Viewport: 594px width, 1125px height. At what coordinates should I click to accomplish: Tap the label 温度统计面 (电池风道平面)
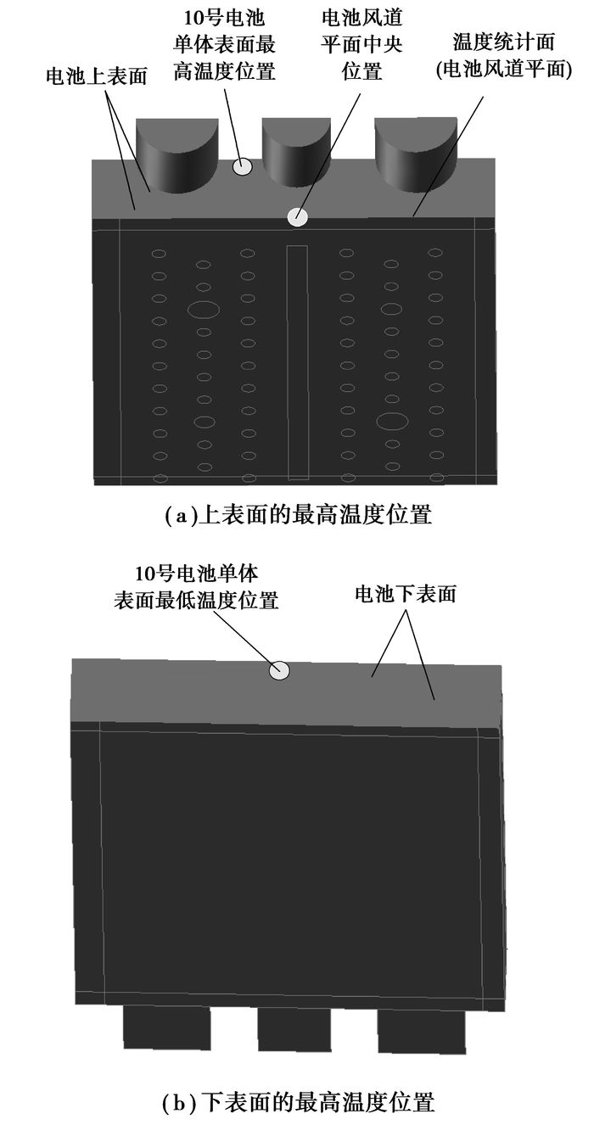tap(503, 56)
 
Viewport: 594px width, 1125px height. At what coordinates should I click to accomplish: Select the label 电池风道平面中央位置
tap(361, 45)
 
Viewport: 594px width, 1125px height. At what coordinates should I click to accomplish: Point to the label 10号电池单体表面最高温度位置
tap(224, 45)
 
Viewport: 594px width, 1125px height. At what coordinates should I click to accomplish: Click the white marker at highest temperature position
tap(243, 167)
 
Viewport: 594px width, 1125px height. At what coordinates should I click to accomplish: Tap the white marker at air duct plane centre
tap(297, 217)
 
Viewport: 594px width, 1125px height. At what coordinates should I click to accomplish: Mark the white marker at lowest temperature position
tap(279, 670)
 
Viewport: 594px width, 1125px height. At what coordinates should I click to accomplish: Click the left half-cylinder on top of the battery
tap(177, 156)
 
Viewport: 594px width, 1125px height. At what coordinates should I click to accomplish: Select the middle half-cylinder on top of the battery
tap(296, 153)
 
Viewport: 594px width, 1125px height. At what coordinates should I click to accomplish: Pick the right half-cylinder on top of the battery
tap(417, 154)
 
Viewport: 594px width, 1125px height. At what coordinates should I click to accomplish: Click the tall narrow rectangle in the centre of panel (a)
tap(297, 362)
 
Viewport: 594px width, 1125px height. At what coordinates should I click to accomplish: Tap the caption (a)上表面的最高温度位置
tap(298, 515)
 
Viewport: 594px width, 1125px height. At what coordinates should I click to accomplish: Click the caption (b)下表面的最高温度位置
tap(298, 1102)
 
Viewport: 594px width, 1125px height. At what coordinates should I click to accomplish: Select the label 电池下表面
tap(406, 594)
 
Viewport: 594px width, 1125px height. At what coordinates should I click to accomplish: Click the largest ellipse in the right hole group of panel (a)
tap(392, 422)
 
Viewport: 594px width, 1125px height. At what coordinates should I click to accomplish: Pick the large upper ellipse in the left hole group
tap(204, 310)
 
